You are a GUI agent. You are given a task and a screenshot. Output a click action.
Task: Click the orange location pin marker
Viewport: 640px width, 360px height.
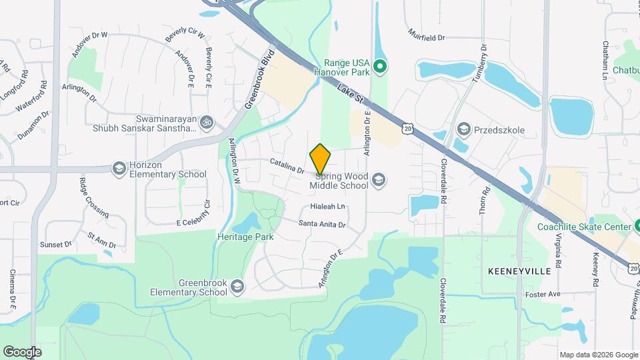pyautogui.click(x=321, y=159)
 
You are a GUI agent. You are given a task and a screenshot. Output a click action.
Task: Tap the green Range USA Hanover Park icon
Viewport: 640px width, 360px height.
pyautogui.click(x=379, y=65)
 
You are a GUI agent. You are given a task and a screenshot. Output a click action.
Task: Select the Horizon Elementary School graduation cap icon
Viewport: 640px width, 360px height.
pyautogui.click(x=119, y=168)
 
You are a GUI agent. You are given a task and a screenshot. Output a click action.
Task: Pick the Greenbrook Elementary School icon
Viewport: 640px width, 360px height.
pyautogui.click(x=237, y=286)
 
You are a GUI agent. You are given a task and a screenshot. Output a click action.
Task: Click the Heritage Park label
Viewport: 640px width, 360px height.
pyautogui.click(x=245, y=237)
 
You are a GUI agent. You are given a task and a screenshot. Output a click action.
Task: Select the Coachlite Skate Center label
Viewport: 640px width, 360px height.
pyautogui.click(x=584, y=227)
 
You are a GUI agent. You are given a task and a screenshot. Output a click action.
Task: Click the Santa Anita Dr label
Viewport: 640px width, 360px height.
pyautogui.click(x=322, y=225)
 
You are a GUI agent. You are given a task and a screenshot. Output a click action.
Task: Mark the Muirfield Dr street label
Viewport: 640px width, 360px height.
pyautogui.click(x=427, y=32)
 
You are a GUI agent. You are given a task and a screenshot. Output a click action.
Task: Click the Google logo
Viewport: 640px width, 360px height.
pyautogui.click(x=22, y=351)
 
